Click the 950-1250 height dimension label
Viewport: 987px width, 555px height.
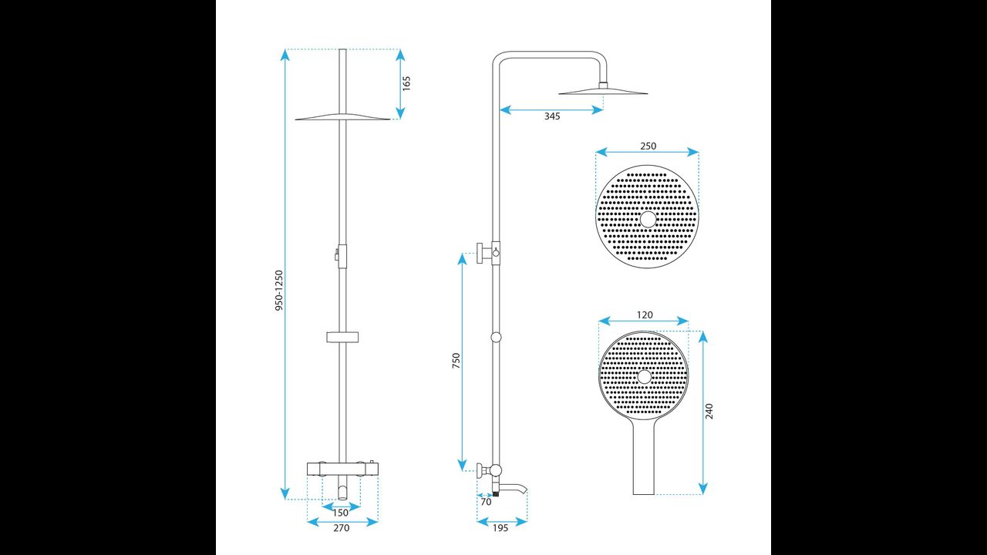(x=279, y=291)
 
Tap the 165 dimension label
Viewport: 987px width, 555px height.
(x=406, y=84)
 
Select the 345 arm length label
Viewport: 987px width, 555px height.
(x=552, y=116)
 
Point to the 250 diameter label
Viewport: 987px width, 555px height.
(x=648, y=146)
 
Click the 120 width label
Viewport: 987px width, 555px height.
(x=645, y=315)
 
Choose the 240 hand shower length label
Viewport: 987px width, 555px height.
(x=709, y=411)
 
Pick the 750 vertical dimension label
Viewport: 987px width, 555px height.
(x=456, y=361)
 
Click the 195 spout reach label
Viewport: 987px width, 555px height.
(x=500, y=528)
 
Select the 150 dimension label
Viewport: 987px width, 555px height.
(x=341, y=513)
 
